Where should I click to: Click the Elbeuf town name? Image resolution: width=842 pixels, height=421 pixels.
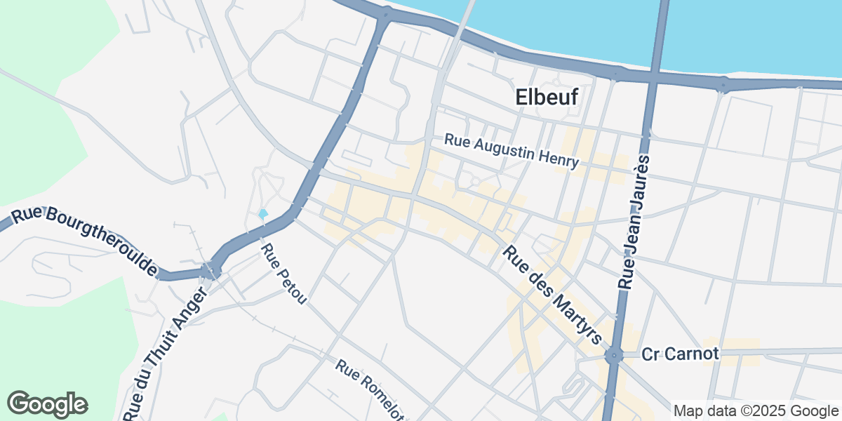coord(547,98)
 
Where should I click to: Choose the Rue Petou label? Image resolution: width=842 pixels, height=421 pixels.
coord(283,274)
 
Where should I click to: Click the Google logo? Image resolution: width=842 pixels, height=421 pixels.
coord(47,404)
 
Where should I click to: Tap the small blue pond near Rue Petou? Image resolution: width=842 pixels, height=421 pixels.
coord(263,213)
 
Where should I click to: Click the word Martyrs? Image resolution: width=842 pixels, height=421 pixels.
coord(575,316)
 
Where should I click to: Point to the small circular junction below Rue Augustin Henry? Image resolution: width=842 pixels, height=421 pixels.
coord(475,182)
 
